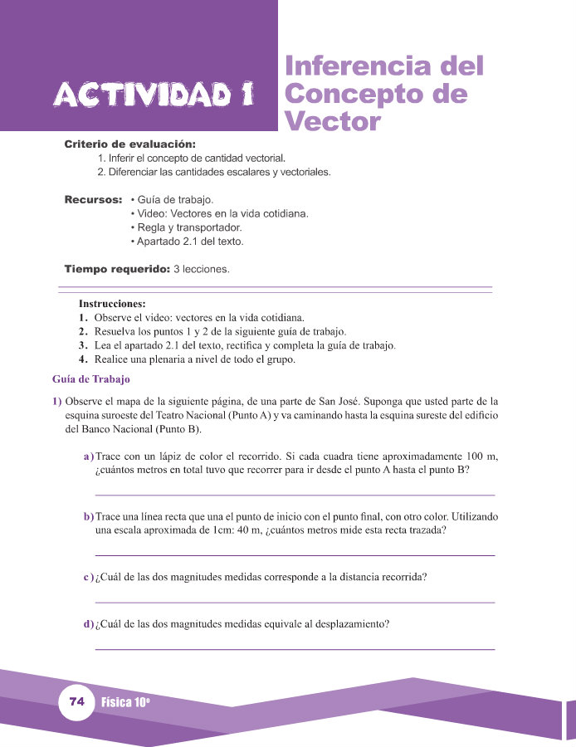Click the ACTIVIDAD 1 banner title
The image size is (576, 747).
pyautogui.click(x=152, y=95)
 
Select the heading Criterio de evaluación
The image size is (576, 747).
pyautogui.click(x=129, y=144)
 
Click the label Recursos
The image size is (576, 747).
pyautogui.click(x=93, y=200)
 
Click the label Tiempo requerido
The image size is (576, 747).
pyautogui.click(x=116, y=269)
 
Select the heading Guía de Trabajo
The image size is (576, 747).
pyautogui.click(x=91, y=380)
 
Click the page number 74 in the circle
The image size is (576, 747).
pyautogui.click(x=77, y=702)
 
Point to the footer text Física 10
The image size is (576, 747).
pyautogui.click(x=125, y=702)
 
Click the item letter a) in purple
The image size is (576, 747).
pyautogui.click(x=88, y=456)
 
